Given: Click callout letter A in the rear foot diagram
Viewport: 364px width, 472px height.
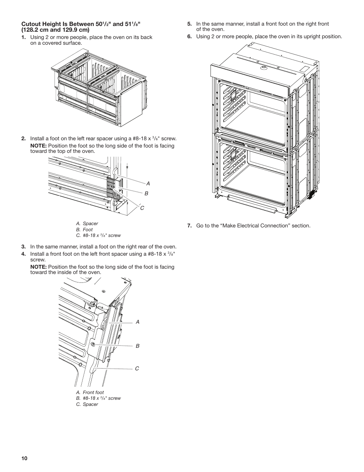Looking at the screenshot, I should (x=148, y=184).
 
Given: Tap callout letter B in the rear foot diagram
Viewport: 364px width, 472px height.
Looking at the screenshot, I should (x=146, y=194).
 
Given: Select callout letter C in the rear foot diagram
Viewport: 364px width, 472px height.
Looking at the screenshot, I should (x=142, y=208).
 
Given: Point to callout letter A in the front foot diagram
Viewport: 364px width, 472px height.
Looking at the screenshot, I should (x=138, y=322).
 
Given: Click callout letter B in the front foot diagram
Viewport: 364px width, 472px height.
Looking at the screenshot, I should (x=138, y=346).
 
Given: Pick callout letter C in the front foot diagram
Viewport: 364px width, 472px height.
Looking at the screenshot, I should (x=137, y=368).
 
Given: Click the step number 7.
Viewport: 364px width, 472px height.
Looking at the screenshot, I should (x=189, y=226).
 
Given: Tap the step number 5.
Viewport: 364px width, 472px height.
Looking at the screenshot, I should (x=189, y=24).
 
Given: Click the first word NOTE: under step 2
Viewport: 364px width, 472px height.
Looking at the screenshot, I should (x=39, y=146).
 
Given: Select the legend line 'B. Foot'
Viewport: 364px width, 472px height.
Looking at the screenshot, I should (x=84, y=230).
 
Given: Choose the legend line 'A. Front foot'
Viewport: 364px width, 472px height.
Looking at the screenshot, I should (x=90, y=393).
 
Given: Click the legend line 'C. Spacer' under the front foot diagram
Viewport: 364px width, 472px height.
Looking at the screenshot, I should (x=87, y=404).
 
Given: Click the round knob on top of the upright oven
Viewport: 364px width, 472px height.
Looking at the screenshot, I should (x=263, y=68).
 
